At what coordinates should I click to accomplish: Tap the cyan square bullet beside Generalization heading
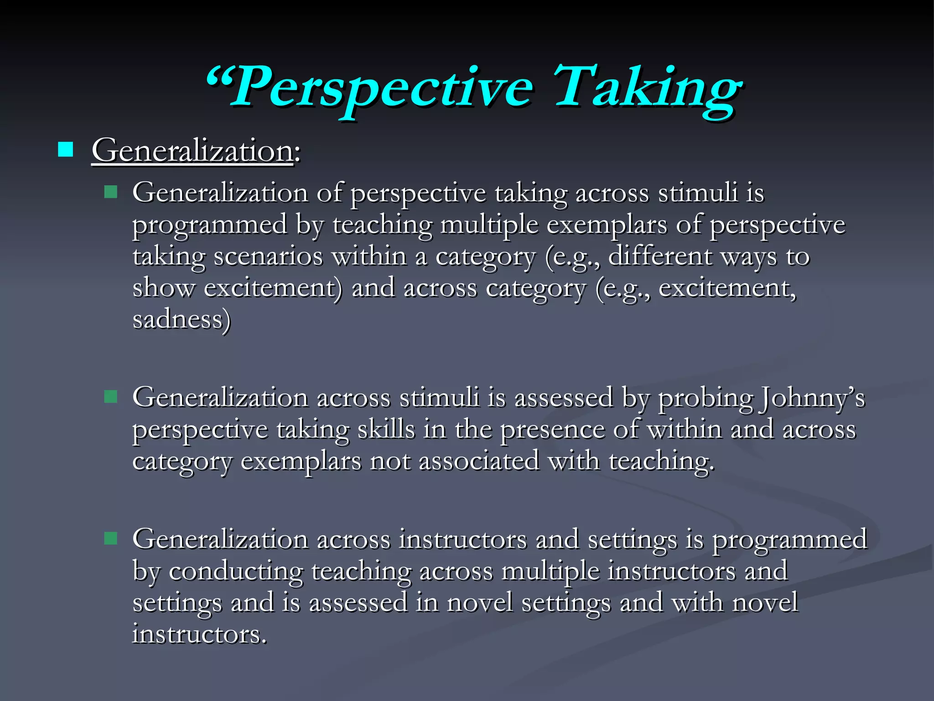pos(66,149)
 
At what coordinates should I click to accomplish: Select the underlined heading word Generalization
pos(192,151)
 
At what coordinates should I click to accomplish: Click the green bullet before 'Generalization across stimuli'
pos(110,396)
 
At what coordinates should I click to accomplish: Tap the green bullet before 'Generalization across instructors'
pos(110,538)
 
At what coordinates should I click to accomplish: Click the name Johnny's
pos(811,398)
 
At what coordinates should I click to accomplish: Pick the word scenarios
pos(268,256)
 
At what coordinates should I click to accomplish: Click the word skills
pos(386,429)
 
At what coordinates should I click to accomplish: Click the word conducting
pos(236,571)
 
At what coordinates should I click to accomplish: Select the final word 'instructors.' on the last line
pos(199,634)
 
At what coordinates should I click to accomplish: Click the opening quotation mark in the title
pos(218,78)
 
